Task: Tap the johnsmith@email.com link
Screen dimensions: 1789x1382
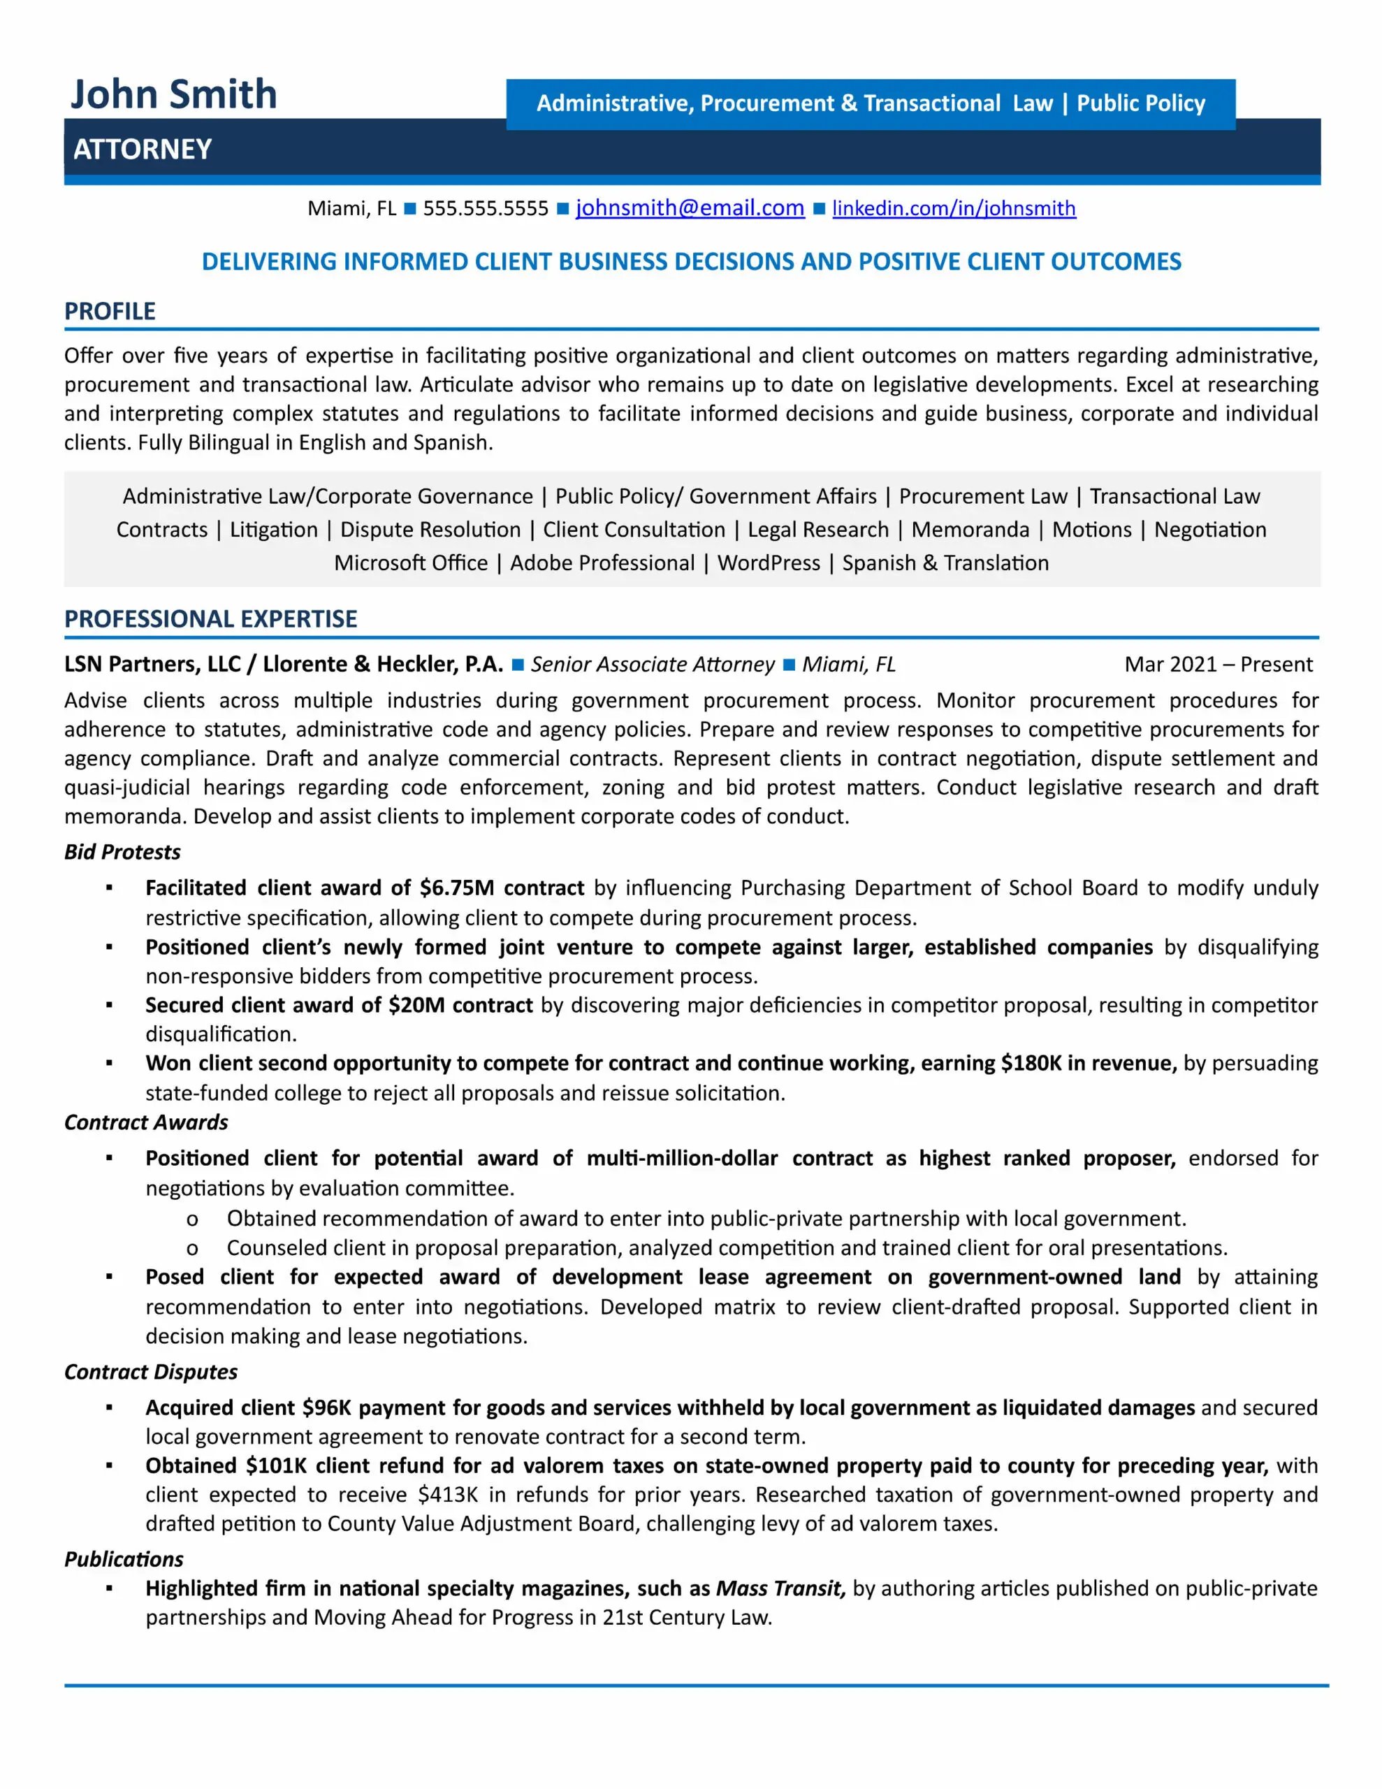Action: (690, 208)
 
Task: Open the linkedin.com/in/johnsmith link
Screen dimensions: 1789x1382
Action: (954, 208)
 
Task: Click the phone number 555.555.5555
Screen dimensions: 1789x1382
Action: (485, 208)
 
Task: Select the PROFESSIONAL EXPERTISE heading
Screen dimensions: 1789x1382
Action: (210, 618)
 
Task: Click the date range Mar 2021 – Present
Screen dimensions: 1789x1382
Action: (1219, 665)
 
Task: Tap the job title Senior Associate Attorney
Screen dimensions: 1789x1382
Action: (652, 665)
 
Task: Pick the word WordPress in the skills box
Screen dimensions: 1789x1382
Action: (769, 563)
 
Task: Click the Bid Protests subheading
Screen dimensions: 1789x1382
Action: (122, 852)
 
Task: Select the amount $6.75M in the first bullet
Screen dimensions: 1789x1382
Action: (456, 888)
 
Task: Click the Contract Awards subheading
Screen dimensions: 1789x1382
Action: (146, 1122)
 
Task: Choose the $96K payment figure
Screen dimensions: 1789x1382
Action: (326, 1408)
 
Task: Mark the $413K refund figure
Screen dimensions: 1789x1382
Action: (447, 1495)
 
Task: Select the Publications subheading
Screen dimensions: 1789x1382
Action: (124, 1560)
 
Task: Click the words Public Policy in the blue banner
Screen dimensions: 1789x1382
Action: (1140, 103)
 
